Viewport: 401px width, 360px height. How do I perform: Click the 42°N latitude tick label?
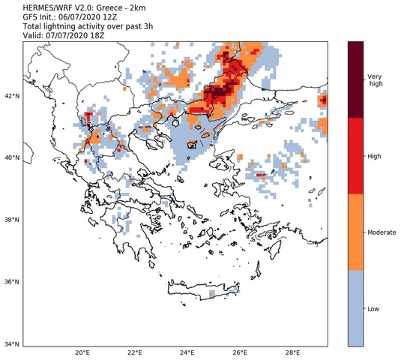[10, 96]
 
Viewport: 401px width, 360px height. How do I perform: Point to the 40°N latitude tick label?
[10, 158]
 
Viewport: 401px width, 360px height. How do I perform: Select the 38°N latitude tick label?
[10, 220]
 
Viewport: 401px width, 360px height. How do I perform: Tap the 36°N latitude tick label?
[10, 282]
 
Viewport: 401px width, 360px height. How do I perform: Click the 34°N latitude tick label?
[10, 344]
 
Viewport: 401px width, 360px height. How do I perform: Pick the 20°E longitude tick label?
[82, 353]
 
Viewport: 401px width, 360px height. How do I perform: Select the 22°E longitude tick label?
[135, 353]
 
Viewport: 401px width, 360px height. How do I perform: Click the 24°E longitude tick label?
[187, 353]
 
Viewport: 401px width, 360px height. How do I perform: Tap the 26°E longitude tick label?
[240, 353]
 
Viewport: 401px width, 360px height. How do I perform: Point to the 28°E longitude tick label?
[293, 353]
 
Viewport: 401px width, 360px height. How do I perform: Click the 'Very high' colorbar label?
[376, 80]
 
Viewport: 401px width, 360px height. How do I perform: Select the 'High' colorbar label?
[373, 156]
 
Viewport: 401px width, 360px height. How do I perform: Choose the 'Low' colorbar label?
[372, 309]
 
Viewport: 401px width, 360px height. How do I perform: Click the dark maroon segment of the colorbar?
[357, 79]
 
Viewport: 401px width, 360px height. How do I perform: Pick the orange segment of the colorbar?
[357, 232]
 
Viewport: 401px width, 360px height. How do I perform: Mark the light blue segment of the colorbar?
[357, 308]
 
